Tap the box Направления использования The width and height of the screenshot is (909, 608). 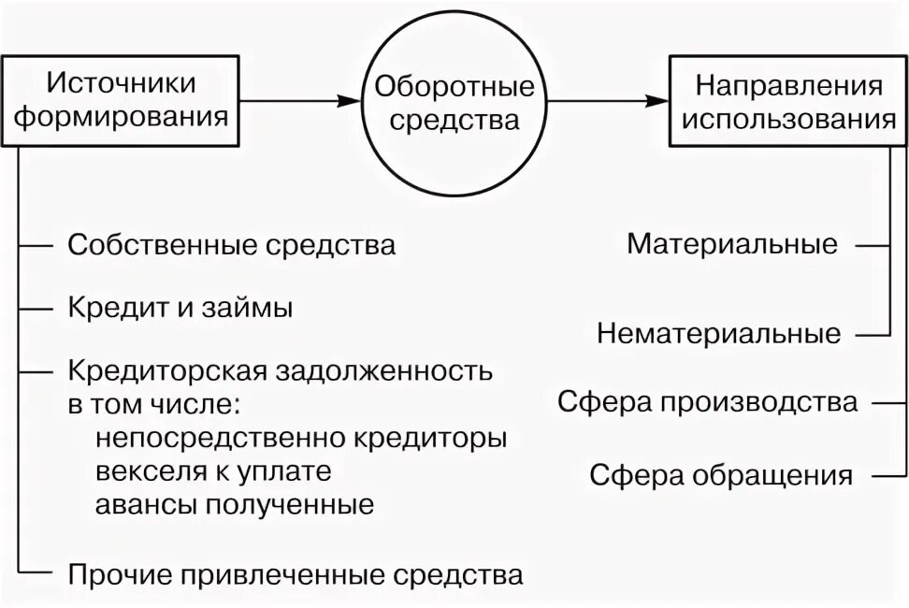787,101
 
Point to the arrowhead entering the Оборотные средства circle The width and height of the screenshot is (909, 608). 353,101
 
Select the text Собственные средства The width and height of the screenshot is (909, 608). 231,246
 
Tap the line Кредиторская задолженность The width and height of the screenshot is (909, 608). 280,371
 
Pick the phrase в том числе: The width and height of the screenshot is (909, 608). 154,405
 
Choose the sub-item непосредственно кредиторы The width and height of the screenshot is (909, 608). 300,438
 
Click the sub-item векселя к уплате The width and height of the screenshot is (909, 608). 212,471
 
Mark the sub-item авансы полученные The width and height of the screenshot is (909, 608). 234,505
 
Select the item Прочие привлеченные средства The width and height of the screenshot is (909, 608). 295,573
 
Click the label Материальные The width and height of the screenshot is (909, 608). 732,245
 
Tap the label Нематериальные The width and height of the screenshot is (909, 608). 718,333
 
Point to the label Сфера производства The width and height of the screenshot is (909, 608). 707,402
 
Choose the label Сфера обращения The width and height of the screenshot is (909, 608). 721,474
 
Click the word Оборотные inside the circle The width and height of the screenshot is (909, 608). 454,87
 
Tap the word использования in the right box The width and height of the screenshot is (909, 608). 787,120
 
